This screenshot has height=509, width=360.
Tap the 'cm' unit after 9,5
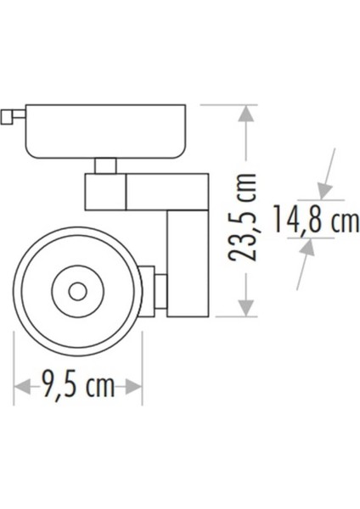pyautogui.click(x=100, y=387)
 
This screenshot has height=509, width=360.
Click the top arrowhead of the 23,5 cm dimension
pyautogui.click(x=246, y=113)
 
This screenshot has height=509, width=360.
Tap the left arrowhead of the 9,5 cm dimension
pyautogui.click(x=21, y=387)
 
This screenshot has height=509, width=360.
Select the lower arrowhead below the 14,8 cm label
pyautogui.click(x=307, y=247)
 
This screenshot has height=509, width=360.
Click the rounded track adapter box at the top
pyautogui.click(x=106, y=131)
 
